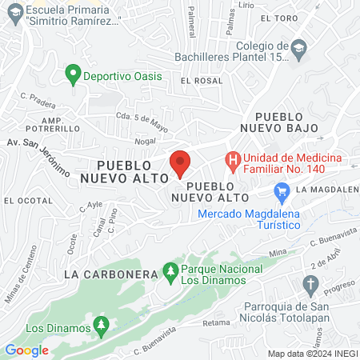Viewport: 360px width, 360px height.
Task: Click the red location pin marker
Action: pyautogui.click(x=180, y=163)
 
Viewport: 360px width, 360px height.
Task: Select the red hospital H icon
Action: pyautogui.click(x=233, y=160)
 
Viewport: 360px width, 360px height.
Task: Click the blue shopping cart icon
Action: pyautogui.click(x=281, y=191)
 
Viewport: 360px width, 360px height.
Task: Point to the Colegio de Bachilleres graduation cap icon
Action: pyautogui.click(x=298, y=46)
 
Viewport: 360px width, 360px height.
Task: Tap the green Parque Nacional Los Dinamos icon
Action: pyautogui.click(x=170, y=273)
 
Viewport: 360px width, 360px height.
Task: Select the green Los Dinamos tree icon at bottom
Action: pyautogui.click(x=101, y=326)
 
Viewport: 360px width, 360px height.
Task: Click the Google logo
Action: pyautogui.click(x=26, y=350)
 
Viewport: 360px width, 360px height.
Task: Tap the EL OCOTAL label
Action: pyautogui.click(x=28, y=200)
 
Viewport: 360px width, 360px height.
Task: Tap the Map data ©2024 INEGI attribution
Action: pyautogui.click(x=312, y=354)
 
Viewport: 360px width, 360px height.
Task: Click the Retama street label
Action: pyautogui.click(x=216, y=323)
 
